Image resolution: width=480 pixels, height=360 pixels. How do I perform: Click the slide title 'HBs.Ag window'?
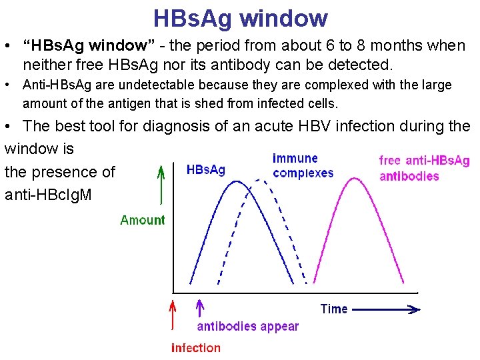pyautogui.click(x=240, y=18)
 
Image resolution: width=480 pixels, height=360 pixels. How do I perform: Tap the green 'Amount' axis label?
pyautogui.click(x=142, y=220)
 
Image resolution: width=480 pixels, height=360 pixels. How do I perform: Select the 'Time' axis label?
pyautogui.click(x=334, y=309)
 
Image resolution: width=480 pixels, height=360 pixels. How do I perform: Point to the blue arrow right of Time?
pyautogui.click(x=387, y=309)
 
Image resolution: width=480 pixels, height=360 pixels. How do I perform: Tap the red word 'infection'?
pyautogui.click(x=195, y=347)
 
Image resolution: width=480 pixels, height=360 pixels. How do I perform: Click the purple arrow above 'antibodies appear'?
pyautogui.click(x=199, y=309)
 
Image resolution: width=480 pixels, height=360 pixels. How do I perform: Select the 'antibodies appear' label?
pyautogui.click(x=247, y=327)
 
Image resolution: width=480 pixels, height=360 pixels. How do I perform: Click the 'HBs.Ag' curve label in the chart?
pyautogui.click(x=205, y=170)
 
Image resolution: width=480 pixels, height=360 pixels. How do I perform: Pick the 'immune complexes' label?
pyautogui.click(x=303, y=165)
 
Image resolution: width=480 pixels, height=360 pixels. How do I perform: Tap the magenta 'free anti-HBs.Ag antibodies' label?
pyautogui.click(x=424, y=168)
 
